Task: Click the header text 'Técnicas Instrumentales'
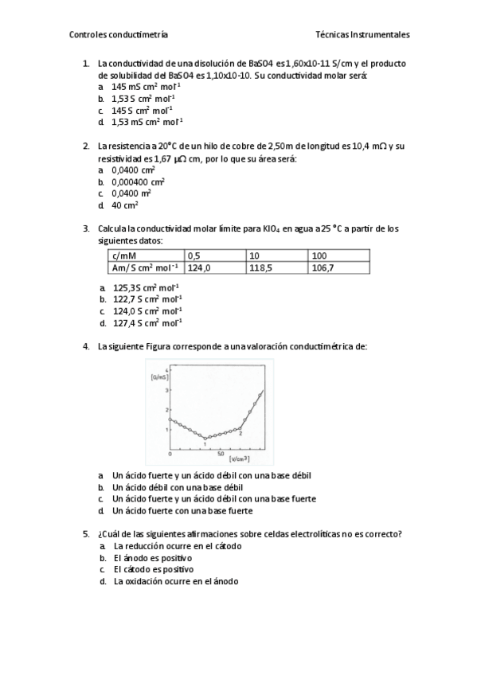click(x=362, y=35)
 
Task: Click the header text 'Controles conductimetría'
click(x=119, y=35)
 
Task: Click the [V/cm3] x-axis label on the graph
click(x=238, y=459)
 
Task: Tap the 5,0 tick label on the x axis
click(x=220, y=452)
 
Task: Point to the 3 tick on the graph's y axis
click(x=166, y=390)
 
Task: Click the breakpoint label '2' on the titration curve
click(x=240, y=434)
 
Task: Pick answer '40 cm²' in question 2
click(x=125, y=205)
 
